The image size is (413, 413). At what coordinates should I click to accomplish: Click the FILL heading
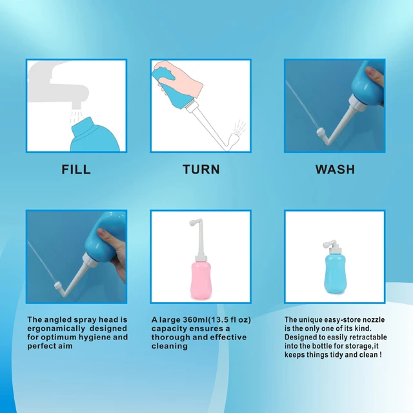pyautogui.click(x=76, y=170)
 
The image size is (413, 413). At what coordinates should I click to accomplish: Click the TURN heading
pyautogui.click(x=201, y=170)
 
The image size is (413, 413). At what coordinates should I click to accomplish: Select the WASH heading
pyautogui.click(x=335, y=170)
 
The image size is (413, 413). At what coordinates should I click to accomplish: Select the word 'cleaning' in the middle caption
pyautogui.click(x=170, y=347)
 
